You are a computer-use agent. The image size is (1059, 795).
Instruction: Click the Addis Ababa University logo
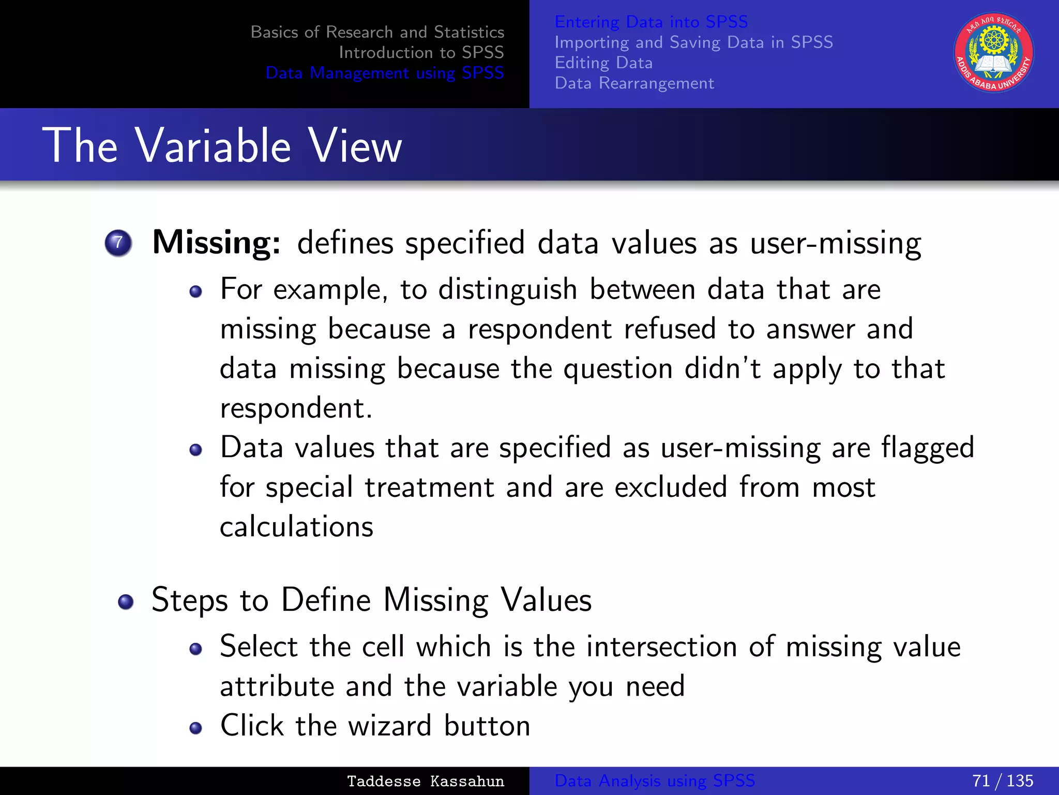click(993, 53)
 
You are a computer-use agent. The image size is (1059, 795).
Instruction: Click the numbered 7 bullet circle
click(118, 243)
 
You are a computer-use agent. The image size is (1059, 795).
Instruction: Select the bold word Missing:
click(216, 242)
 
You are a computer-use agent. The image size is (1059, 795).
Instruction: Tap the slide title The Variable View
click(222, 146)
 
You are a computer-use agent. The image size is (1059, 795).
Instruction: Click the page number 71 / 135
click(1002, 781)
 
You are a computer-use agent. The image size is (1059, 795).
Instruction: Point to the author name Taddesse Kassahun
click(425, 781)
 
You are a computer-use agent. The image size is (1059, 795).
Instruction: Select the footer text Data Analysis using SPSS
click(655, 781)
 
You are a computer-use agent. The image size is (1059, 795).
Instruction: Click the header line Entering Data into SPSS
click(651, 22)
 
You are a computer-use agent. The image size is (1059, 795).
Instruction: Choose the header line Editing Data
click(603, 63)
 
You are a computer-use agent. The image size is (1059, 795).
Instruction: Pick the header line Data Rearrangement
click(634, 83)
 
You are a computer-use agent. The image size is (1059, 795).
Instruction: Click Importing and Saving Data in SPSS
click(693, 42)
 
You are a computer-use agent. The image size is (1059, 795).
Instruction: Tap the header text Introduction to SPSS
click(421, 52)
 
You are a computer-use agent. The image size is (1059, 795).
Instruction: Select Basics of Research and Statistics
click(377, 32)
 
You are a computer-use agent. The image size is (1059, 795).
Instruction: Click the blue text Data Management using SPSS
click(384, 73)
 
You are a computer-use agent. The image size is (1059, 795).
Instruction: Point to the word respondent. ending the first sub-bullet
click(296, 409)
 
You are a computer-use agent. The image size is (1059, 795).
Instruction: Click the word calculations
click(296, 527)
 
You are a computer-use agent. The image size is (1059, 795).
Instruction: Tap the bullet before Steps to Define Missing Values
click(126, 602)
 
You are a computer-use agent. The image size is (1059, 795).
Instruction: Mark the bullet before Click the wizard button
click(195, 728)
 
